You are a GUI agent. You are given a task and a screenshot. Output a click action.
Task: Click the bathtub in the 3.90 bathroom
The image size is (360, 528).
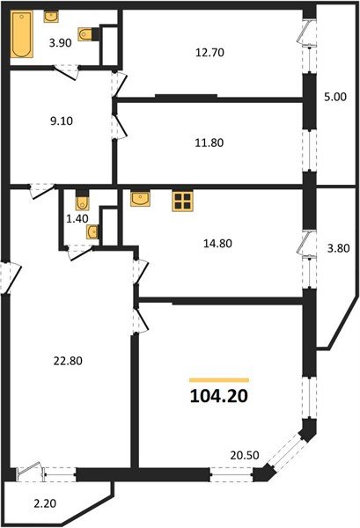(x=21, y=34)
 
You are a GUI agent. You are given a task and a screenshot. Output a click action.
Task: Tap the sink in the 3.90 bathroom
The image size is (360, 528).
(x=51, y=17)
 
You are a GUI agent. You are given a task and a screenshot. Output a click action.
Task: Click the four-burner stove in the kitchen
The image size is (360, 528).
(x=182, y=201)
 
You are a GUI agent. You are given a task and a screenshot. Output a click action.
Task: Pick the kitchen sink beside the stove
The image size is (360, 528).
(x=141, y=199)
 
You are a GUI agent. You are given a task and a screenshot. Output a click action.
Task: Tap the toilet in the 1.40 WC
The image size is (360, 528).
(x=82, y=201)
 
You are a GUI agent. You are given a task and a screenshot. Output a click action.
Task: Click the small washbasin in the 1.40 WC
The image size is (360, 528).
(x=92, y=231)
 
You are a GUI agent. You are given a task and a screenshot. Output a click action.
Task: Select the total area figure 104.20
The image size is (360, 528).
(x=219, y=396)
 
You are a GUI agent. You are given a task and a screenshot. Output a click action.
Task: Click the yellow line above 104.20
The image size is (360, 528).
(x=219, y=380)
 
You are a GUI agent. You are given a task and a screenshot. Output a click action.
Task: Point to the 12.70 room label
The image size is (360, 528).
(x=209, y=53)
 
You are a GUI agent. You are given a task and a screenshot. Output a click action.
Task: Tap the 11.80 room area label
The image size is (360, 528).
(x=209, y=143)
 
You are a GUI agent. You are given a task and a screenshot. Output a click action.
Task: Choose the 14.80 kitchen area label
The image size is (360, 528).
(x=217, y=243)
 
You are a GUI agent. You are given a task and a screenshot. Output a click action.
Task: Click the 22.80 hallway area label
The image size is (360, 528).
(x=68, y=361)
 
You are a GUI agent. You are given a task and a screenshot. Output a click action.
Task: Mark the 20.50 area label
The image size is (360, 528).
(x=245, y=455)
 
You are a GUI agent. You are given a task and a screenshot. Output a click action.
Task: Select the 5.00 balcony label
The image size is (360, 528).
(x=335, y=97)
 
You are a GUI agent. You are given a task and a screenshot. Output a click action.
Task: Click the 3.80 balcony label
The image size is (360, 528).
(x=339, y=248)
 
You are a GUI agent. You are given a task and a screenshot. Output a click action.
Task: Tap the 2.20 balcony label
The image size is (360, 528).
(x=45, y=503)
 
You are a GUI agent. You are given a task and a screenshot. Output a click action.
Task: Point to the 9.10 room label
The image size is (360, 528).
(x=62, y=121)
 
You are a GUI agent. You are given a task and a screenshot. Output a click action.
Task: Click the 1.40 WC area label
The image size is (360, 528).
(x=77, y=218)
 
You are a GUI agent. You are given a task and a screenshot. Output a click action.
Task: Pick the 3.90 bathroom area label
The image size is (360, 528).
(x=60, y=43)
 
